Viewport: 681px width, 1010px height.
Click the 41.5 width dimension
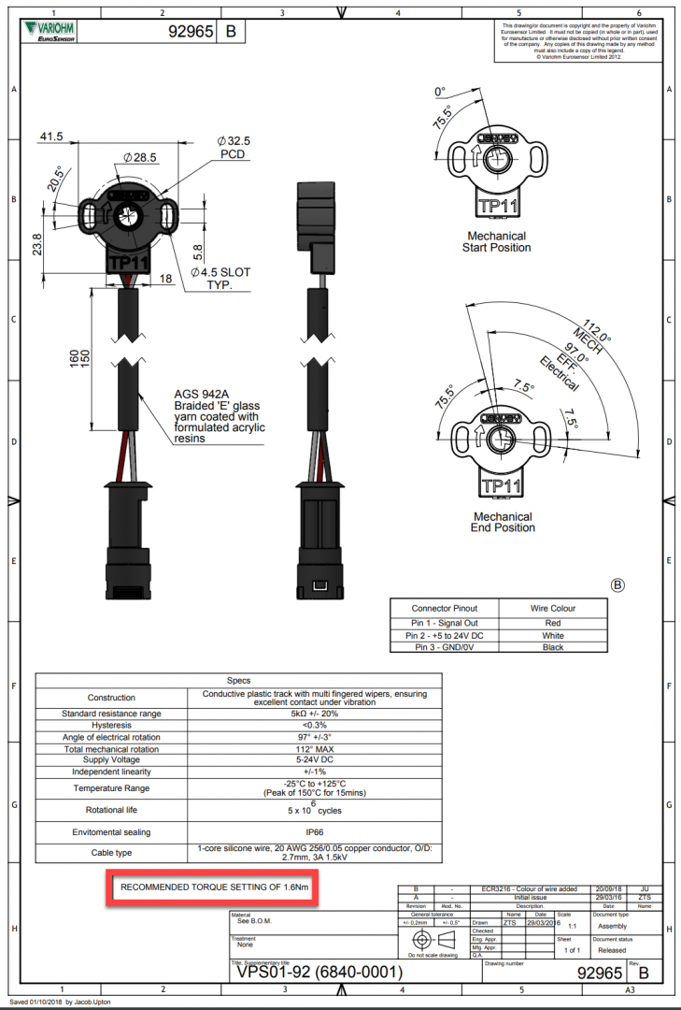50,137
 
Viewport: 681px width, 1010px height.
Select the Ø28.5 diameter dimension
140,156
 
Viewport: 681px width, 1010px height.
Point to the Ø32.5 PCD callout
234,147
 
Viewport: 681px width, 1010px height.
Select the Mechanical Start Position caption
496,241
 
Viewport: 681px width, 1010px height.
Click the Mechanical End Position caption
504,522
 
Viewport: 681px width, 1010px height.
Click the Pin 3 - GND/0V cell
444,646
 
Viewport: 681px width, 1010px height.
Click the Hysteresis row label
111,725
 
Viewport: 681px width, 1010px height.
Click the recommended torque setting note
213,885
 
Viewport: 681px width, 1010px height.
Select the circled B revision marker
617,585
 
